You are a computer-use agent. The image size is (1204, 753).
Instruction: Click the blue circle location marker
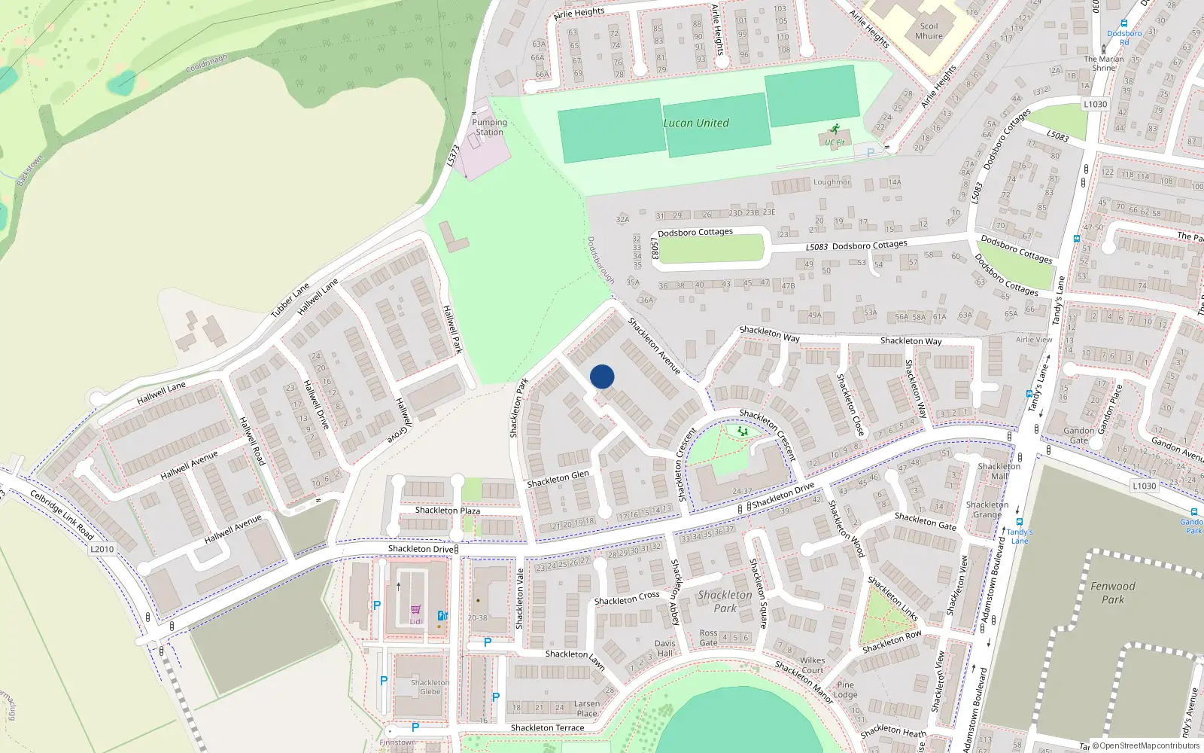click(x=602, y=376)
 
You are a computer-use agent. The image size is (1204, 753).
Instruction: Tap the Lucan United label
click(x=696, y=123)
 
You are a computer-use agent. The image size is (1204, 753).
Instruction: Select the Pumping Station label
click(x=489, y=127)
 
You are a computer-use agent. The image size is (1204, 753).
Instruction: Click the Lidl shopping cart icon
click(x=415, y=610)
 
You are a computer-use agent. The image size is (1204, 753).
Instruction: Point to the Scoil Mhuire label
click(x=929, y=31)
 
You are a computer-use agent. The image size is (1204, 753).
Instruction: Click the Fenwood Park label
click(x=1113, y=593)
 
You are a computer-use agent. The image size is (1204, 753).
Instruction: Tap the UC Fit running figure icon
click(x=834, y=130)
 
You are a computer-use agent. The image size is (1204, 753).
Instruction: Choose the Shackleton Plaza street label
click(x=448, y=511)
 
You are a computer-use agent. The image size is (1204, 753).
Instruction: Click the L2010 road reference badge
click(x=102, y=549)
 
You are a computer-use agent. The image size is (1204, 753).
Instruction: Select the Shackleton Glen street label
click(x=558, y=479)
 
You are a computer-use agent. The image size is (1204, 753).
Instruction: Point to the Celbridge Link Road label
click(x=62, y=514)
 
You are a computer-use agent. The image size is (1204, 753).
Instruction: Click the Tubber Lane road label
click(x=290, y=300)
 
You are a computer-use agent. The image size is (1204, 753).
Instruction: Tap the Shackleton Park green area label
click(x=725, y=601)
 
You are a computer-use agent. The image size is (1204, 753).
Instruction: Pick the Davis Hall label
click(x=665, y=648)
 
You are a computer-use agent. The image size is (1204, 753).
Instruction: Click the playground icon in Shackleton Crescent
click(x=743, y=431)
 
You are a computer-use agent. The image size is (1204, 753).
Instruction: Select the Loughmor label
click(x=832, y=182)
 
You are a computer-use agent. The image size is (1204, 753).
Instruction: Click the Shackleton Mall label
click(x=999, y=471)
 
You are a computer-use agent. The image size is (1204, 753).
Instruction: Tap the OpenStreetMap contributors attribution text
click(x=1149, y=745)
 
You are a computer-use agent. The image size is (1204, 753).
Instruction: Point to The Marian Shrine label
click(x=1104, y=63)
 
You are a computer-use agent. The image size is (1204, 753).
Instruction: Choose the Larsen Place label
click(x=587, y=709)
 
